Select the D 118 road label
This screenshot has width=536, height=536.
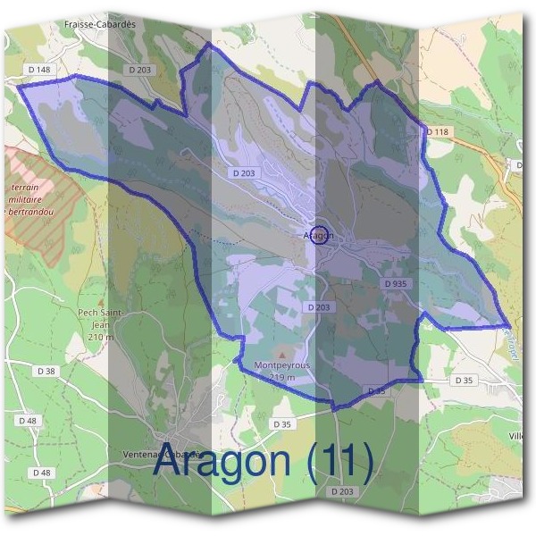click(x=437, y=132)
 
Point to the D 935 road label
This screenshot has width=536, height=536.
click(x=395, y=283)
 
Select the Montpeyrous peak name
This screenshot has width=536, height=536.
click(x=282, y=366)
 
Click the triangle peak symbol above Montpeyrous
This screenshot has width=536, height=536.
click(x=283, y=354)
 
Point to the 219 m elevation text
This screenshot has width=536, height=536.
click(x=282, y=378)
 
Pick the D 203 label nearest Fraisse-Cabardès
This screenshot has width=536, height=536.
click(x=141, y=70)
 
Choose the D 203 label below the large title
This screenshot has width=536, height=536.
click(x=342, y=491)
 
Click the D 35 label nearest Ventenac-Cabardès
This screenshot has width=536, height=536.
click(x=282, y=423)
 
